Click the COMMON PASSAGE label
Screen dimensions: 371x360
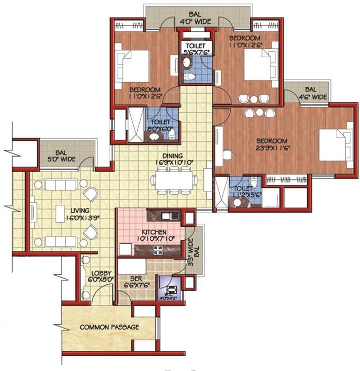coord(109,327)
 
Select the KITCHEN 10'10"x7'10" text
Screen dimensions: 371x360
coord(154,236)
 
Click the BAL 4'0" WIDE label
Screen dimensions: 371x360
coord(188,18)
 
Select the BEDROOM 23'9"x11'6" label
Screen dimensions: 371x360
coord(271,144)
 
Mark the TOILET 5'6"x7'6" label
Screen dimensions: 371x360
coord(196,49)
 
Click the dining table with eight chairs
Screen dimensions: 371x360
coord(174,180)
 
